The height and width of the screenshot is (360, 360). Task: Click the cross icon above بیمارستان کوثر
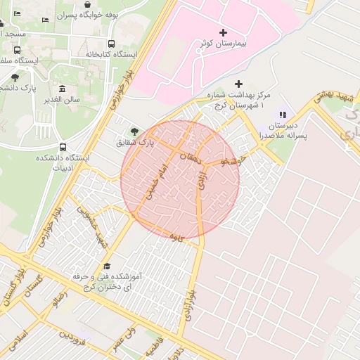[x=224, y=32]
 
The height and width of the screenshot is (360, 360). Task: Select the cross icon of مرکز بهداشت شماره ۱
[x=238, y=84]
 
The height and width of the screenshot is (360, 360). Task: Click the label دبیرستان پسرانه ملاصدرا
[x=281, y=130]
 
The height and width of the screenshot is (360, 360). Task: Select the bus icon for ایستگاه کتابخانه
[x=112, y=44]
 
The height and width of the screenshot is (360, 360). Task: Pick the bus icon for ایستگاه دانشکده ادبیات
[x=64, y=148]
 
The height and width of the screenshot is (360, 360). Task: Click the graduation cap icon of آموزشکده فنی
[x=107, y=266]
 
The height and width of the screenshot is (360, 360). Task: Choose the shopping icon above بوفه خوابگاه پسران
[x=86, y=4]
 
